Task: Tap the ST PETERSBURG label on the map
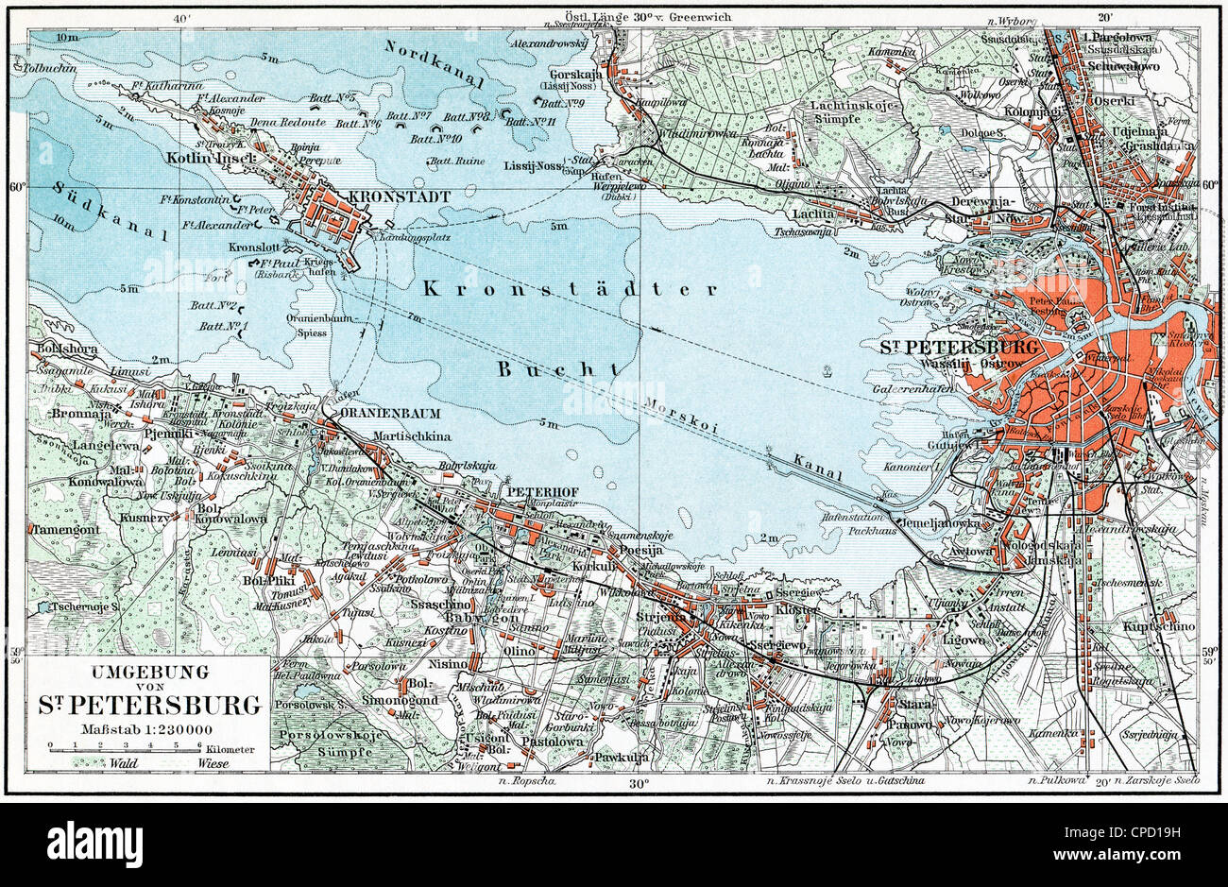(x=960, y=347)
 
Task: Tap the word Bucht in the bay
(x=560, y=368)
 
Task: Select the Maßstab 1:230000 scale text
(x=146, y=727)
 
